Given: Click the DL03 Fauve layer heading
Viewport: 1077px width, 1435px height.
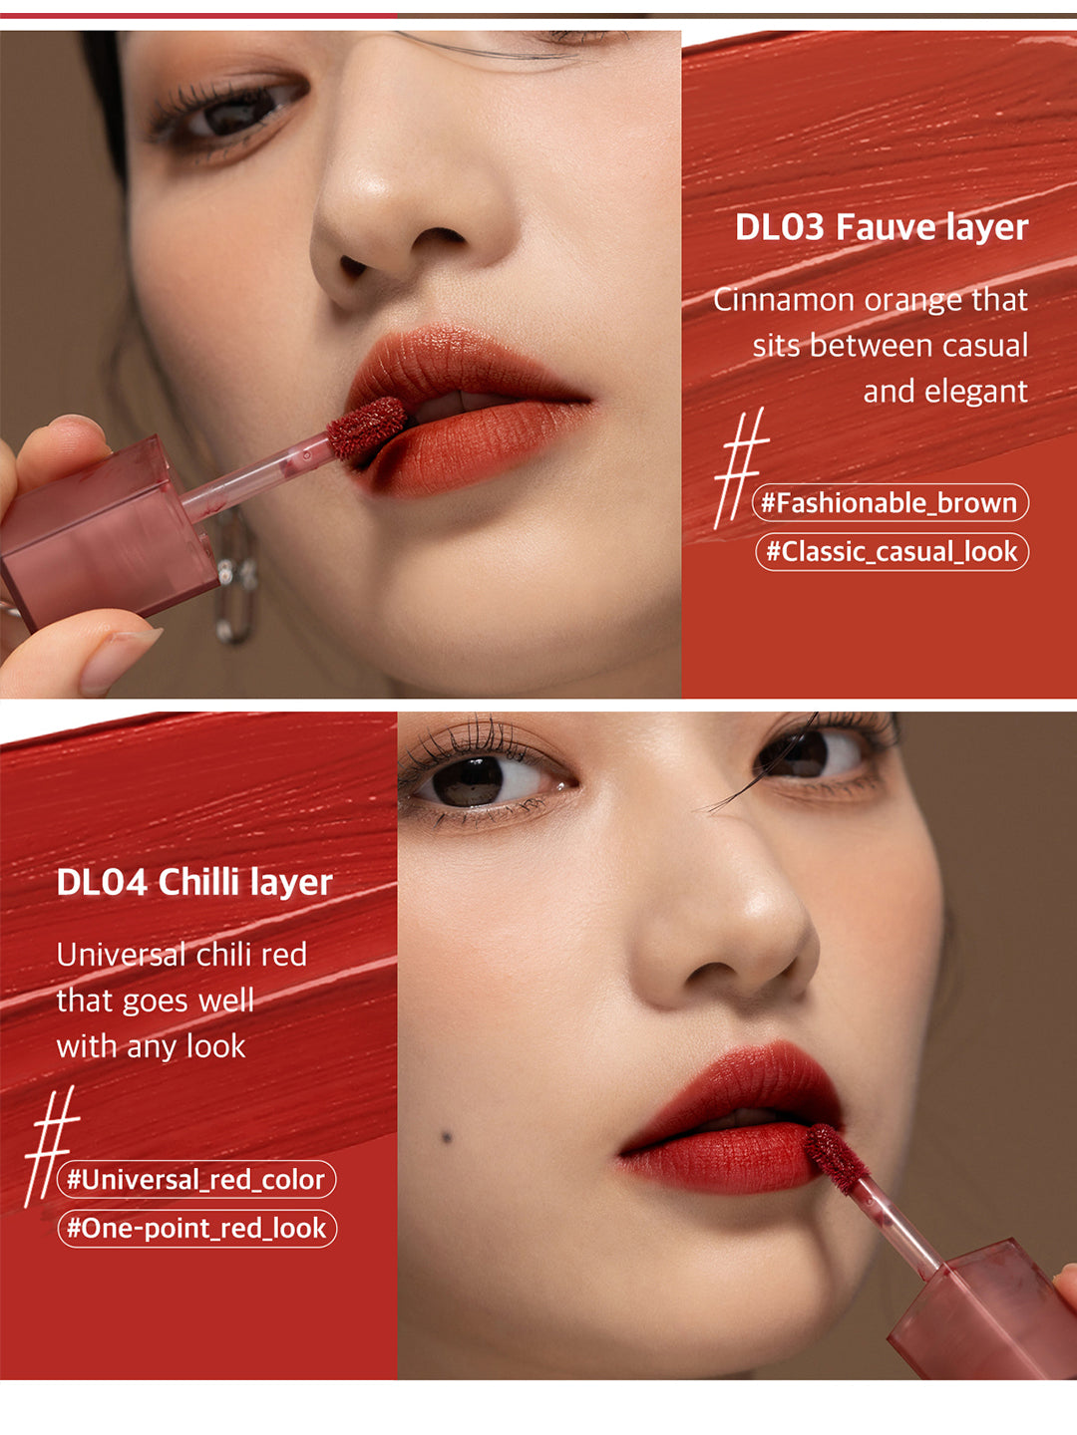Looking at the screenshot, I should pos(881,227).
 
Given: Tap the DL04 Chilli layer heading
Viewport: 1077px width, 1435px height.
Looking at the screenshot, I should pos(193,882).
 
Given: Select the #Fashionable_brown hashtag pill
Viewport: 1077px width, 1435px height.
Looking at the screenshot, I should pos(890,503).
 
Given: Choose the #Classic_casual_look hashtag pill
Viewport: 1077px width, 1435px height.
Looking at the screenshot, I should pos(892,551).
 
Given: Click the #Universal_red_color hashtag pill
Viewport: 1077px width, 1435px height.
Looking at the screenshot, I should pos(196,1180).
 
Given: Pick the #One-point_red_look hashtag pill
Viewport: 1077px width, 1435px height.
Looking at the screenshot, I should pos(196,1228).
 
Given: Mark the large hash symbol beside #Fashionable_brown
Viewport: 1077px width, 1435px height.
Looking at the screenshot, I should pos(740,466).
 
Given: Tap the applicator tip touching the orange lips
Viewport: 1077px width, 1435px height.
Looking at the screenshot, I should pos(366,428).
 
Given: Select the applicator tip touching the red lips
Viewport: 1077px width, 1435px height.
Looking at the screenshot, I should pos(836,1156).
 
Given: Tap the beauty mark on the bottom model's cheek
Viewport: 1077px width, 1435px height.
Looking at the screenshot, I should pos(447,1137).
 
